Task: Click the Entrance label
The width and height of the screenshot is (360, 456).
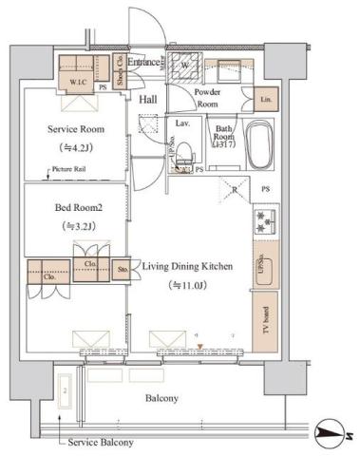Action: pos(144,63)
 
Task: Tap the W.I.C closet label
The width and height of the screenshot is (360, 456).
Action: pos(78,81)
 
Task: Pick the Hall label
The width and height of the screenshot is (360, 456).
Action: pos(149,98)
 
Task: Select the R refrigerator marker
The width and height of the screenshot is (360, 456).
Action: pos(234,189)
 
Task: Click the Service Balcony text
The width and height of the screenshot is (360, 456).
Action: pos(98,443)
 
